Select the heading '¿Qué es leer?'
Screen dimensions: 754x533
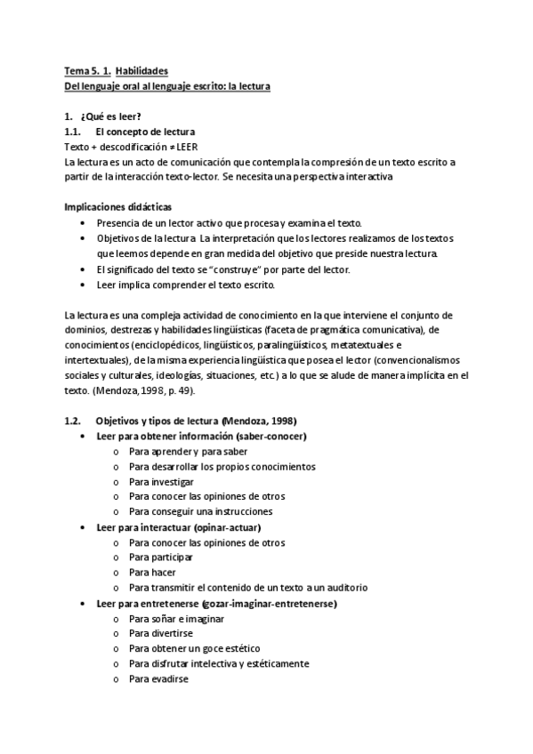click(111, 116)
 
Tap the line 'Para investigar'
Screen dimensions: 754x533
click(155, 481)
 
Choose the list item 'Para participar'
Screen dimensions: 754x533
click(158, 557)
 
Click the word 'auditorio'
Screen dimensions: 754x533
click(343, 587)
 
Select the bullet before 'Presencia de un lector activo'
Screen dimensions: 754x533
click(83, 223)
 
